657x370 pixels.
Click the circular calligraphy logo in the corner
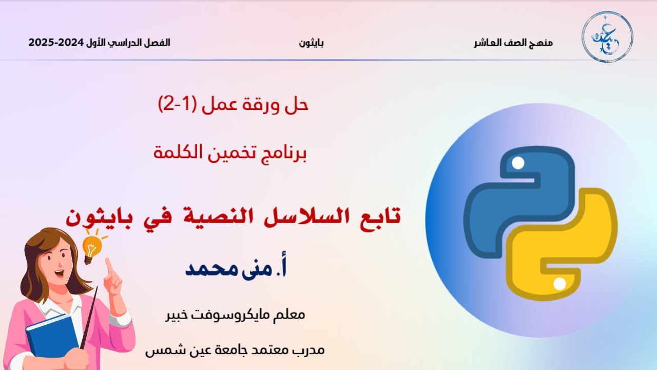(x=607, y=36)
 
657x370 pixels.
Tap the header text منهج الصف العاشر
(x=513, y=43)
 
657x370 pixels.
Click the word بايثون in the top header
(x=311, y=43)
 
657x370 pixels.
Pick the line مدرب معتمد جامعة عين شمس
(x=235, y=350)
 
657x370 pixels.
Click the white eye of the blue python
(x=518, y=164)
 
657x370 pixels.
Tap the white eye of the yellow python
(x=560, y=283)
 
